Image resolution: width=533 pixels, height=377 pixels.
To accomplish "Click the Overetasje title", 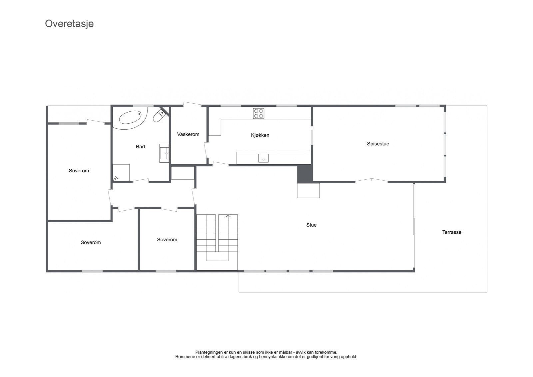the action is (x=69, y=24).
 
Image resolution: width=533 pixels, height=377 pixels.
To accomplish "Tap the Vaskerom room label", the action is (x=188, y=134).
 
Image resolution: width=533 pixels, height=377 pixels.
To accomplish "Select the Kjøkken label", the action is (x=260, y=135).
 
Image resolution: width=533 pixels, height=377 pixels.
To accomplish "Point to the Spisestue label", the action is (x=378, y=144).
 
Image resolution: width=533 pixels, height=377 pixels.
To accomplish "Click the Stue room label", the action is (x=311, y=225).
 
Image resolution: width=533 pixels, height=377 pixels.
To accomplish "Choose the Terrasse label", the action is (x=452, y=232).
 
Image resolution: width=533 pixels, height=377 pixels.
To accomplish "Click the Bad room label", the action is (x=140, y=147).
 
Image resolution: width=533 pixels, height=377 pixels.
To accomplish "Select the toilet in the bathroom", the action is (x=160, y=116).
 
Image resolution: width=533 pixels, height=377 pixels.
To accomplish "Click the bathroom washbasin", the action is (x=164, y=153).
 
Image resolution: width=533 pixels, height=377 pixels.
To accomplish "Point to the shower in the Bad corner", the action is (x=121, y=173).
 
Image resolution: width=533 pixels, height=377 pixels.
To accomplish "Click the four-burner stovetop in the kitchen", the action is (x=259, y=113).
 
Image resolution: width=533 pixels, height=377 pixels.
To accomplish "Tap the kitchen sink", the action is (x=264, y=158).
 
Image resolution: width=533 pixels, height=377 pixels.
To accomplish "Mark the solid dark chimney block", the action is (x=305, y=174).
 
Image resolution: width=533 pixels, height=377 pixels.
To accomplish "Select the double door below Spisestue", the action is (x=372, y=181).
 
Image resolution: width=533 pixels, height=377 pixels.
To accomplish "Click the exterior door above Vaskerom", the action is (x=192, y=104).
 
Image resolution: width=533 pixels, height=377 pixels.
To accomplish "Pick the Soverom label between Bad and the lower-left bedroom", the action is (x=79, y=171).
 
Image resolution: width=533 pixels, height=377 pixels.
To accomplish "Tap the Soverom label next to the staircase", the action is (x=167, y=240).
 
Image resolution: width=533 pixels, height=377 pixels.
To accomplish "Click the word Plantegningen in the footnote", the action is (x=209, y=352).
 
